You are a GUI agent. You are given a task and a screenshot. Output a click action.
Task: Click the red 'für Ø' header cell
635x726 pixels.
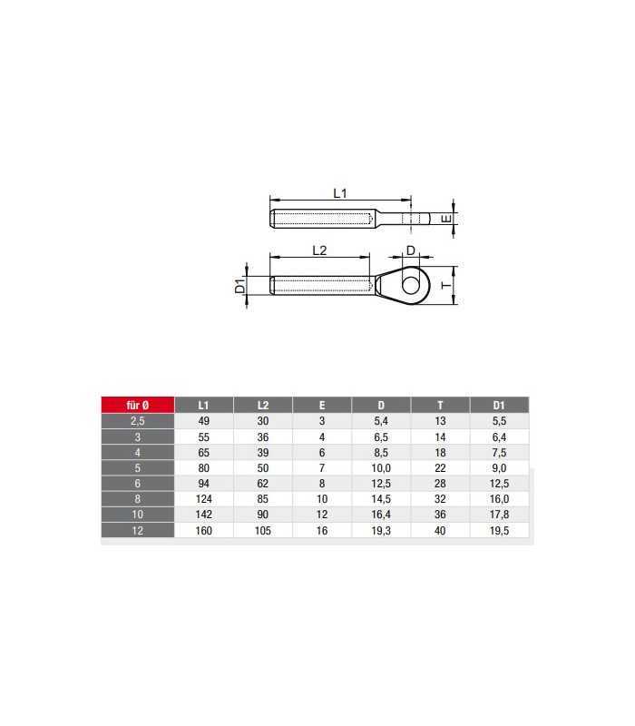point(138,405)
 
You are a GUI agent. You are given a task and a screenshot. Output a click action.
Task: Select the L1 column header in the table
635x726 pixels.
point(203,405)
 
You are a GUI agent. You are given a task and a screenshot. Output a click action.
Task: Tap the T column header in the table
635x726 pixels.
point(440,405)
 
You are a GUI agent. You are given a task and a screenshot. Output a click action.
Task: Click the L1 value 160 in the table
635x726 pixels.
point(203,531)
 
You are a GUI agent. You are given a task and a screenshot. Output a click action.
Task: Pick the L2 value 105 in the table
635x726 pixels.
point(263,531)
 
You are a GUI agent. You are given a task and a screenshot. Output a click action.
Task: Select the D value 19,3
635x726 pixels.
point(381,531)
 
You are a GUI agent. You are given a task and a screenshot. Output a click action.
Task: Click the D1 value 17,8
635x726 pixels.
point(500,515)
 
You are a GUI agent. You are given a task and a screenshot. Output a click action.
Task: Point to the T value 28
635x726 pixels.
point(440,484)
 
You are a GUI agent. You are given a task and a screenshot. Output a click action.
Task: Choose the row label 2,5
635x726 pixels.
point(138,421)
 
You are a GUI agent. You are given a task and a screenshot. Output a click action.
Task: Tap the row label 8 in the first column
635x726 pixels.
point(138,499)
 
